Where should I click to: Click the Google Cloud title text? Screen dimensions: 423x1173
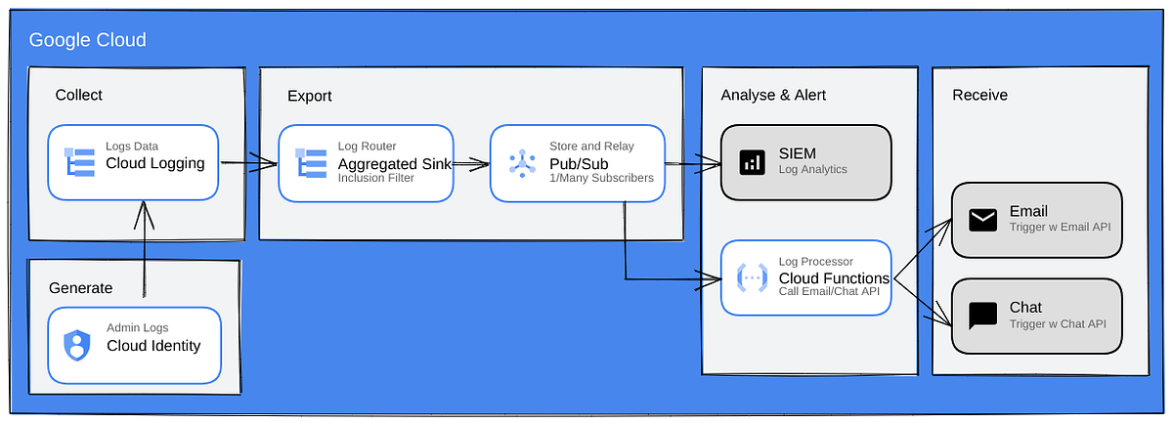87,40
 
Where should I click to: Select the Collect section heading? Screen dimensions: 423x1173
78,95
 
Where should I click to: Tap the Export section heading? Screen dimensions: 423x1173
309,96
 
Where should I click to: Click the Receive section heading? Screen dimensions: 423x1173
979,95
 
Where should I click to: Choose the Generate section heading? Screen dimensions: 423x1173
81,287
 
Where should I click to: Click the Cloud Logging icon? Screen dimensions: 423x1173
78,162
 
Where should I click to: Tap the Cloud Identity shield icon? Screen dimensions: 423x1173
77,344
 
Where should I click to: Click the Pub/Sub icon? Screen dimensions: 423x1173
522,162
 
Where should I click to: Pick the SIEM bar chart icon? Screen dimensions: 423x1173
752,162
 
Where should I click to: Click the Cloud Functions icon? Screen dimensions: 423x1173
752,277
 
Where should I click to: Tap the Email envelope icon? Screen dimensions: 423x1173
982,220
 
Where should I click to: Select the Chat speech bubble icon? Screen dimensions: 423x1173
982,315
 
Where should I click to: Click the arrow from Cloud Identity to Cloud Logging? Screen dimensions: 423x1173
145,249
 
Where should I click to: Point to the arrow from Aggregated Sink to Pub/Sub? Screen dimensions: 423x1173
471,164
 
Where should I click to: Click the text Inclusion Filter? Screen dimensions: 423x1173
376,179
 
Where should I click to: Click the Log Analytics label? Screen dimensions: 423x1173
812,170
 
